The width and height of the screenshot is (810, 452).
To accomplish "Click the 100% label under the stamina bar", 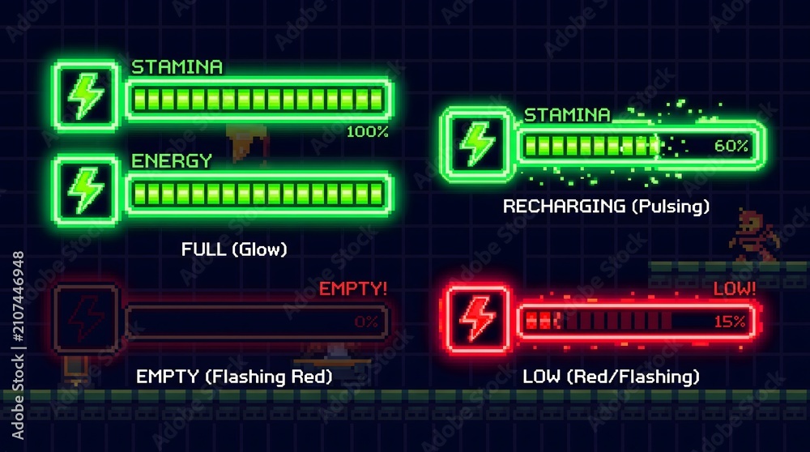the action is point(367,132).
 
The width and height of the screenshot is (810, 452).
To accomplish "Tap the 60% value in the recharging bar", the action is point(731,146).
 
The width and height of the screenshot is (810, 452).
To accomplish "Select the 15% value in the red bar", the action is point(730,322).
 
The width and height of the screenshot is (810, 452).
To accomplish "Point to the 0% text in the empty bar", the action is point(366,322).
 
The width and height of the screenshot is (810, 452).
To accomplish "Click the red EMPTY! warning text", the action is point(353,288).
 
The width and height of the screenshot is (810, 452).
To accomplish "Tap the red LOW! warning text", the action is point(734,288).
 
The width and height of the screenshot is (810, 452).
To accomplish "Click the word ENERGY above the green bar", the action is point(172,161).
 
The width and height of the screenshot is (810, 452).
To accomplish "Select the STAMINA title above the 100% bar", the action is point(177,67).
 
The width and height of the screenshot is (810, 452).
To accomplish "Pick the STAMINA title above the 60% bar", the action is point(567,115).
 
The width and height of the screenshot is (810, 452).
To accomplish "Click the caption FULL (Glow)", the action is point(234,249).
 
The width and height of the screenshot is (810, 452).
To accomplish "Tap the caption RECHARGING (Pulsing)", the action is point(606,206).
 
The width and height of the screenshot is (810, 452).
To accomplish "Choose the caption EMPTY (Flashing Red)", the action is point(234,377).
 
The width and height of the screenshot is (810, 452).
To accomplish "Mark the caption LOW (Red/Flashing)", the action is point(611,377).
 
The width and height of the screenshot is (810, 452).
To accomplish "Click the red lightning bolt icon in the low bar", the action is point(477,318).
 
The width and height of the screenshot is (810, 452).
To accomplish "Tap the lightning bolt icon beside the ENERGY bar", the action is point(86,190).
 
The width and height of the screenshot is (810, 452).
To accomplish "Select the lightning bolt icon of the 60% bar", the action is point(477,144).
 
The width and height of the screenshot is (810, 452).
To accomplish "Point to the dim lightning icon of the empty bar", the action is point(86,318).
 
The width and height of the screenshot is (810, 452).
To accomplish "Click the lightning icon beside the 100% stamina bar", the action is point(86,96).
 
